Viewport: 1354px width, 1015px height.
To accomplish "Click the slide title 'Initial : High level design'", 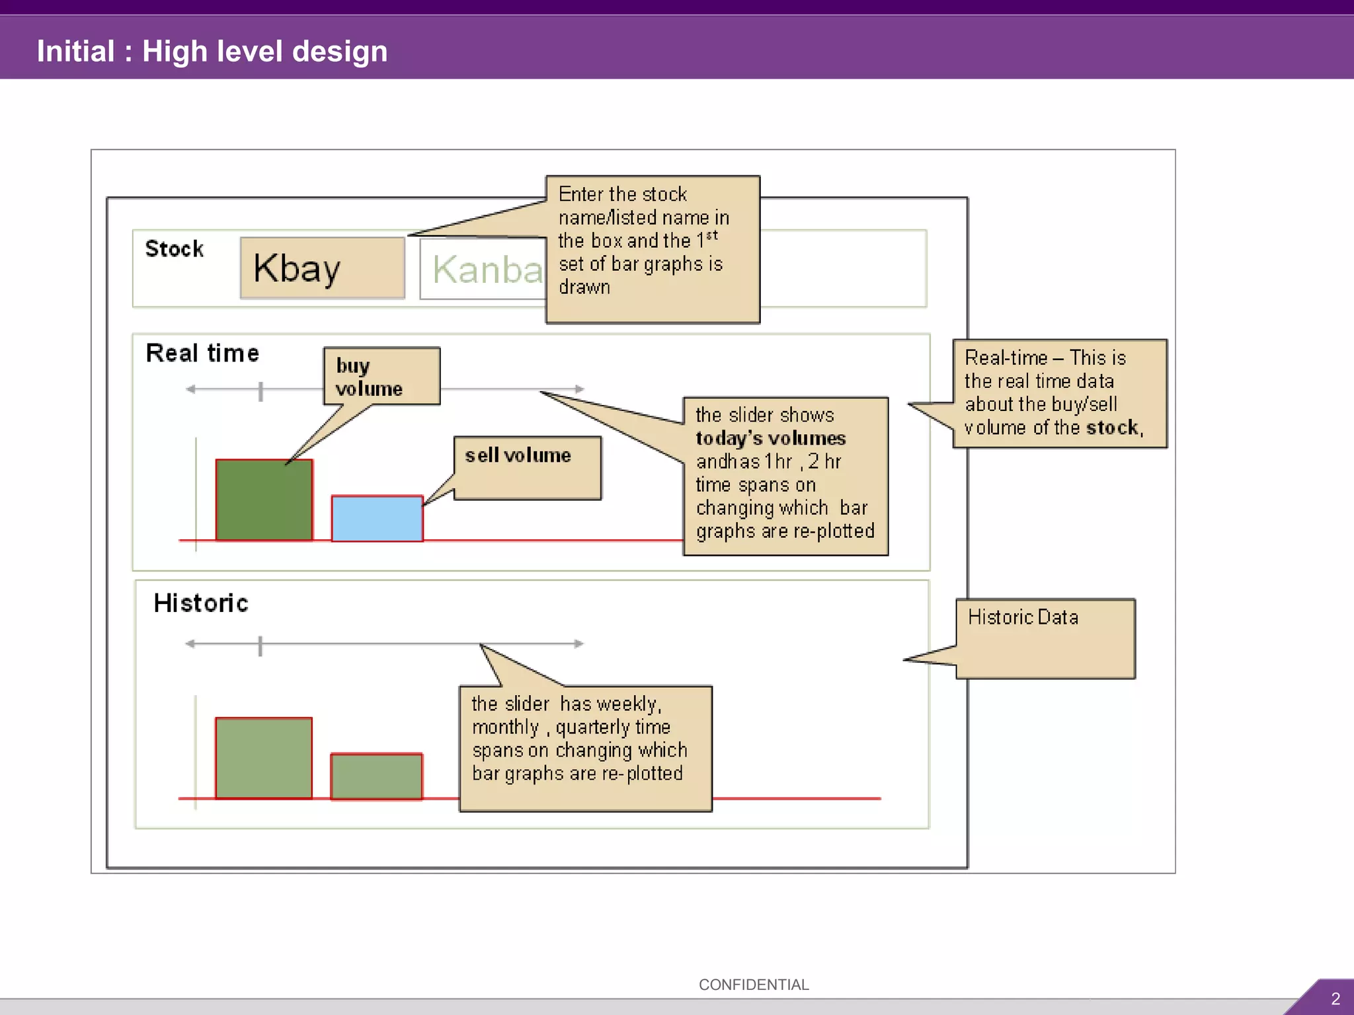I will click(212, 52).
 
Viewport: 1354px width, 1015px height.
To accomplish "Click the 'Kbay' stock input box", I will click(322, 268).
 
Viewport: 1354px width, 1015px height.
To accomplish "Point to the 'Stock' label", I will click(175, 249).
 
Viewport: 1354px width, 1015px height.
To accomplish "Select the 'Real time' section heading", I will click(202, 353).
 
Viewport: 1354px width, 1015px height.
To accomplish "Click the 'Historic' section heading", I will click(201, 603).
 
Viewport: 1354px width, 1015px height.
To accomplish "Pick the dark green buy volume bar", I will click(264, 500).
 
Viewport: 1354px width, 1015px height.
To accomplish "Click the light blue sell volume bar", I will click(377, 519).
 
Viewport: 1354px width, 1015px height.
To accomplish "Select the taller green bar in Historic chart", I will click(264, 758).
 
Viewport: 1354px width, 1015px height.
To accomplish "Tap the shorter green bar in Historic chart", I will click(376, 776).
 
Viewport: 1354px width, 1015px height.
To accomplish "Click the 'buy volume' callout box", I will click(381, 376).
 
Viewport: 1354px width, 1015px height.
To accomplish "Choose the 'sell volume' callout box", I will click(528, 468).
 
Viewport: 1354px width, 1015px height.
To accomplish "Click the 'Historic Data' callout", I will click(1045, 638).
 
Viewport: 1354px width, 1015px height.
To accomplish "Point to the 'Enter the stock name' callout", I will click(653, 249).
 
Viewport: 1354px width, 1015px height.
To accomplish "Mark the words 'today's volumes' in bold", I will click(770, 438).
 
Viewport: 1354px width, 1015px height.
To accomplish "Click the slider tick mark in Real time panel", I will click(260, 391).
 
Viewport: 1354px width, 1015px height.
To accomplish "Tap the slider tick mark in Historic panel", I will click(260, 646).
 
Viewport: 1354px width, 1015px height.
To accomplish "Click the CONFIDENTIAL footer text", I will click(754, 985).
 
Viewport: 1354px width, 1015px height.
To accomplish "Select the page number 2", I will click(1335, 998).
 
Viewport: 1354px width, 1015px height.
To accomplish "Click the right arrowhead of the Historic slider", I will click(579, 644).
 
